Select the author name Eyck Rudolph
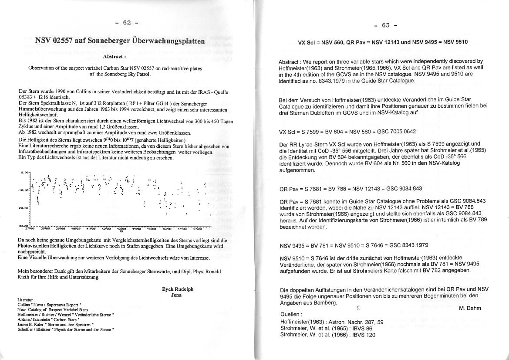click(x=178, y=289)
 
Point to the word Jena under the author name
click(x=177, y=295)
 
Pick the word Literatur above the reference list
click(x=26, y=300)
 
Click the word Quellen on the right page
click(x=290, y=314)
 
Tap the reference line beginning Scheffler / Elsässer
click(x=65, y=329)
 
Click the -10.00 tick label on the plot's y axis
click(x=23, y=190)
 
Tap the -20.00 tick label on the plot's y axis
click(x=23, y=208)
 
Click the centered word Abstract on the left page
click(x=115, y=57)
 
